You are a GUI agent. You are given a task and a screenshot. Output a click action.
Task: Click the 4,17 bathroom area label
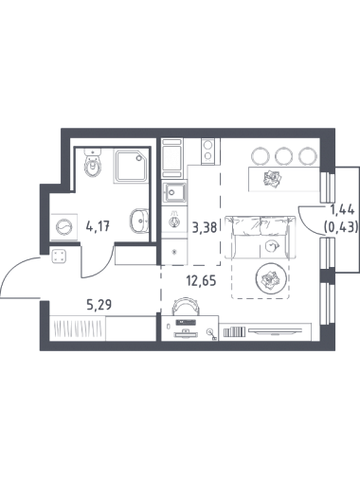[x=98, y=226]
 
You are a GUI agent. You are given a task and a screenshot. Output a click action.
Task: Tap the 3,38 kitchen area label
[x=205, y=227]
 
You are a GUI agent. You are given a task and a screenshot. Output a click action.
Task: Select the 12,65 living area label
[x=201, y=280]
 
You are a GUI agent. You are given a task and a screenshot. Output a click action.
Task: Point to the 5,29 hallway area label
[x=99, y=305]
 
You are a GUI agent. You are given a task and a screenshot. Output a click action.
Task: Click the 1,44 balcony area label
[x=342, y=210]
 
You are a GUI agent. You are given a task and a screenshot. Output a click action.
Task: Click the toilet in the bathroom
[x=93, y=163]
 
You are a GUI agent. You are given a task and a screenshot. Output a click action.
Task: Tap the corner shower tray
[x=130, y=167]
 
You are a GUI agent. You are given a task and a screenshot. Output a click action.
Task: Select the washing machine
[x=64, y=226]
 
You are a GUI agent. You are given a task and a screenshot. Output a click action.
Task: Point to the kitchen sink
[x=174, y=192]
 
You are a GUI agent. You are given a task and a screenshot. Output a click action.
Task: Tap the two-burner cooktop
[x=207, y=151]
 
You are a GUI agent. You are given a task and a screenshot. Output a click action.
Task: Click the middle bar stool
[x=284, y=155]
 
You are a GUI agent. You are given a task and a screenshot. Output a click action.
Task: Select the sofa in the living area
[x=261, y=237]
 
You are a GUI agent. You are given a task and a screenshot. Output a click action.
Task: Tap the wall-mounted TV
[x=275, y=330]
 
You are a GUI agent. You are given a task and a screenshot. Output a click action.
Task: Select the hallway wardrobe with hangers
[x=78, y=328]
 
